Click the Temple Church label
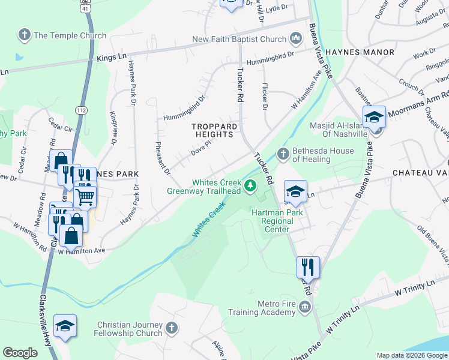pos(70,35)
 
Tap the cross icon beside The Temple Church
pos(25,35)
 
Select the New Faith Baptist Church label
pos(239,40)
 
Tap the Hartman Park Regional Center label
pos(277,220)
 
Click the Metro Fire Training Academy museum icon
pos(305,307)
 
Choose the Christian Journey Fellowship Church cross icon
pos(172,328)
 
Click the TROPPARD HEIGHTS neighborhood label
pos(212,130)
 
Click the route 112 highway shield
pos(82,110)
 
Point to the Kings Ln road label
pos(112,57)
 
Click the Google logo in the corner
pos(20,353)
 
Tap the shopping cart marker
pos(85,196)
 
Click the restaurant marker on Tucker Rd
pos(308,266)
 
